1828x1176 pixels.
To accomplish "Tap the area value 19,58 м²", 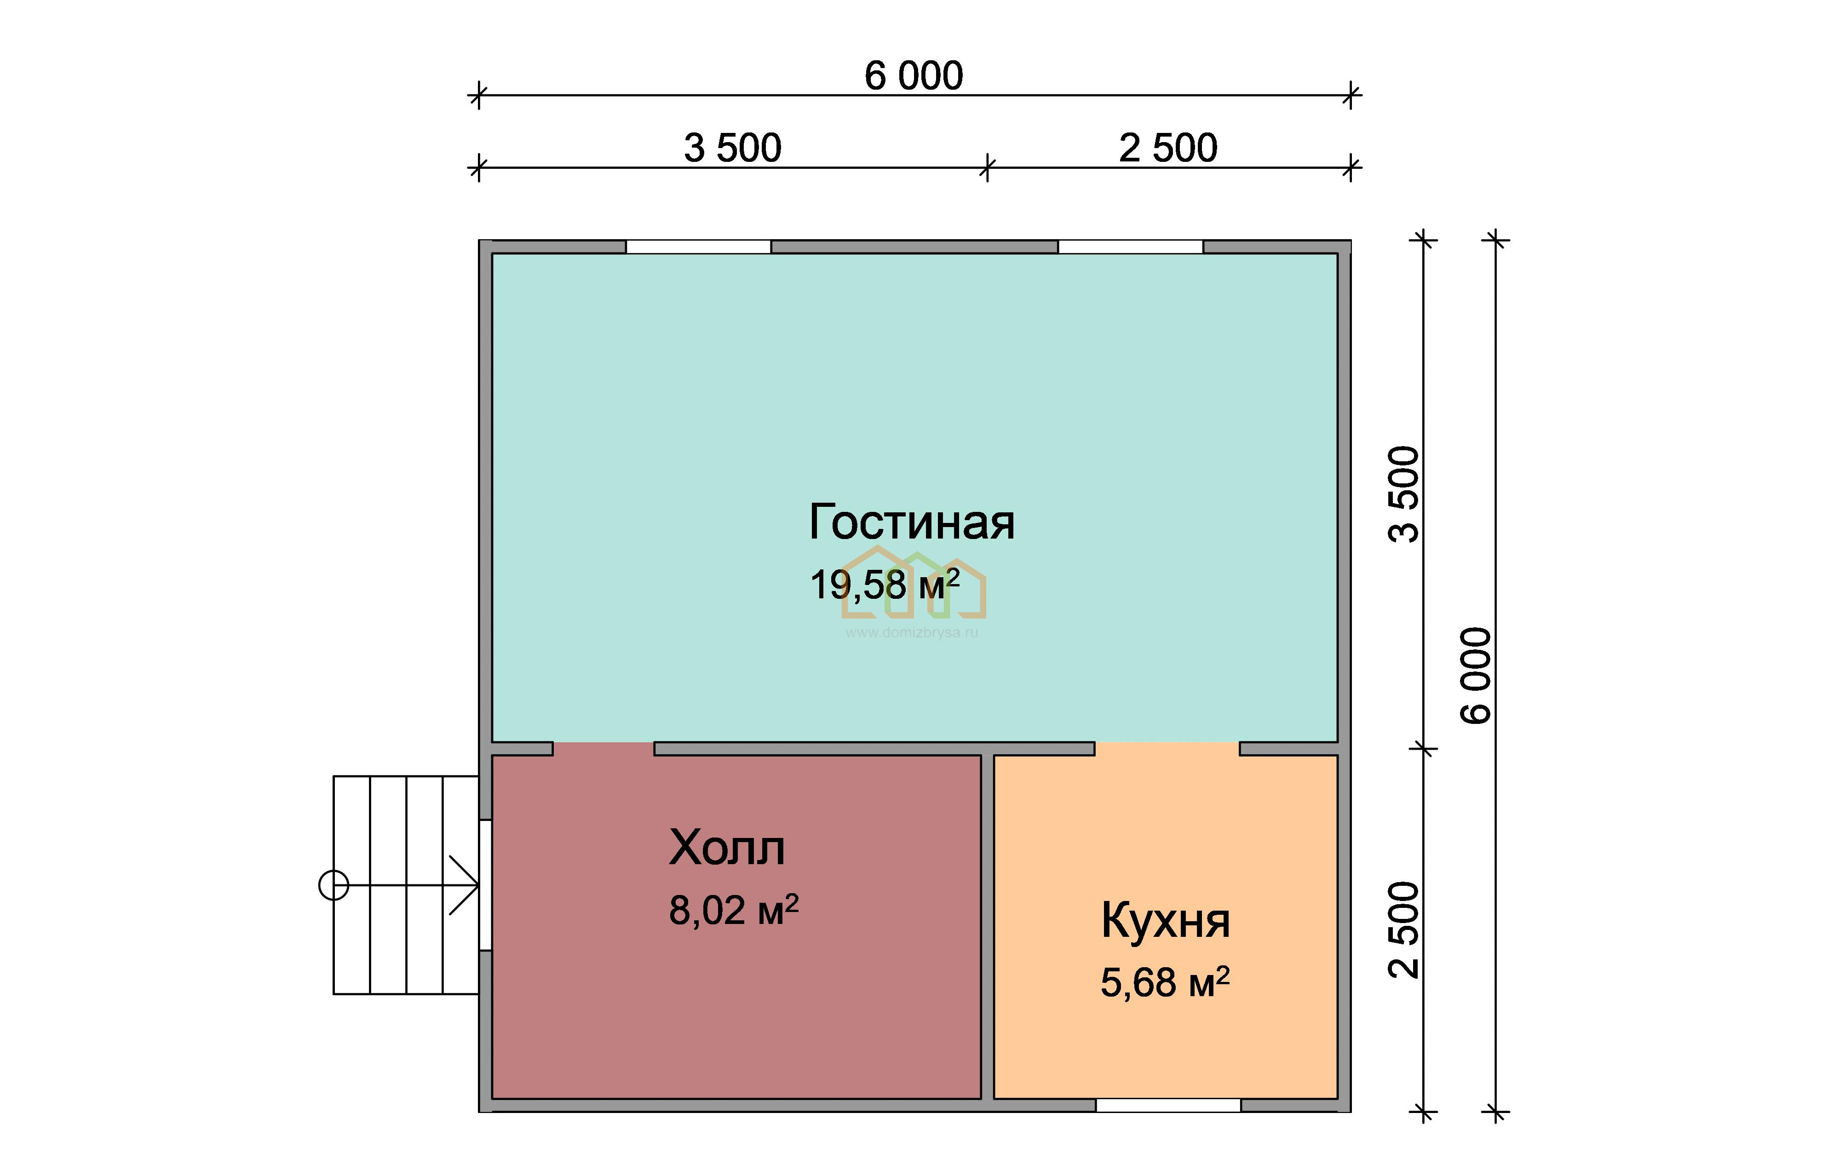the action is click(x=884, y=584).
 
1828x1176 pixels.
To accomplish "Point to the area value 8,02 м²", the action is click(x=734, y=910).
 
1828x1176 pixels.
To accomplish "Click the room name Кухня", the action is click(x=1165, y=920).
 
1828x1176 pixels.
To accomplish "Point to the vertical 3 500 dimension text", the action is click(x=1403, y=494).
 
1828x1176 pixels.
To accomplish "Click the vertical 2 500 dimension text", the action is click(x=1403, y=929).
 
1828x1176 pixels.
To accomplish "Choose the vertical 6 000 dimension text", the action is click(x=1475, y=675).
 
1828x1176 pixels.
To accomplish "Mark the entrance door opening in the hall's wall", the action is click(x=485, y=885).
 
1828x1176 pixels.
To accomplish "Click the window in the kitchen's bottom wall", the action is click(x=1168, y=1105).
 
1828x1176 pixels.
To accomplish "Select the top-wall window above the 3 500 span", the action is click(x=698, y=247).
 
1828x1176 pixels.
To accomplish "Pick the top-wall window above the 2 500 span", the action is click(x=1130, y=247).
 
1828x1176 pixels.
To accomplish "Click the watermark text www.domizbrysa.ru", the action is click(x=912, y=632).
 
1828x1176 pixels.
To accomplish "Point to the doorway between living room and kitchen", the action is click(x=1167, y=748).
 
